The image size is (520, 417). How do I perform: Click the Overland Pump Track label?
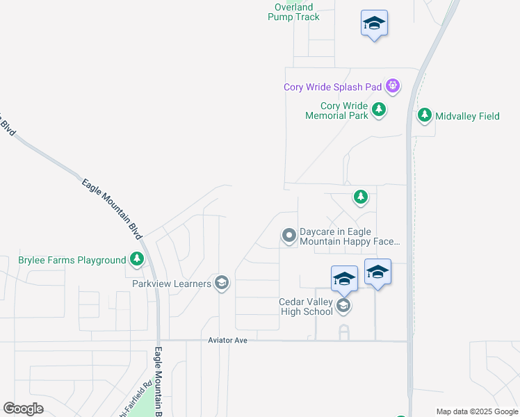click(293, 12)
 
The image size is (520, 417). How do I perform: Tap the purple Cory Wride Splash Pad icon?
click(393, 87)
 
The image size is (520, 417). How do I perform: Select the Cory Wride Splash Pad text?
click(333, 87)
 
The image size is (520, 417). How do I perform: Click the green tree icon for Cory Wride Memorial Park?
click(379, 109)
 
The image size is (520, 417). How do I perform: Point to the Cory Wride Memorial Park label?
click(336, 111)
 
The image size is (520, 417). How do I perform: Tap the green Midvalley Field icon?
click(425, 116)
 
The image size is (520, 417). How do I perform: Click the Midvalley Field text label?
click(468, 116)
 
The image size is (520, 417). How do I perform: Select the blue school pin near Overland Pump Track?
click(375, 24)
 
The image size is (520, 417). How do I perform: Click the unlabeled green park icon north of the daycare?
click(360, 197)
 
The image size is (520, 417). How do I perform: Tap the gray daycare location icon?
click(289, 236)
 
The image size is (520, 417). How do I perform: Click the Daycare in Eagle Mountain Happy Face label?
click(350, 237)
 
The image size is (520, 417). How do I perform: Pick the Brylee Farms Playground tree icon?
click(137, 260)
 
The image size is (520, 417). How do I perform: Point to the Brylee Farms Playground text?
click(72, 261)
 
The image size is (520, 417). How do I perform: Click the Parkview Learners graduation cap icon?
click(222, 283)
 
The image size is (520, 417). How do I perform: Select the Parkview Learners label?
click(172, 284)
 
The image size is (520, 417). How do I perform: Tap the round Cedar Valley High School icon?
click(343, 306)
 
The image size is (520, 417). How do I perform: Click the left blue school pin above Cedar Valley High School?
click(344, 279)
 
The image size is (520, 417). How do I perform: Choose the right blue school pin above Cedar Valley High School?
click(377, 272)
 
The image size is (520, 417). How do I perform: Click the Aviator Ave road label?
click(228, 341)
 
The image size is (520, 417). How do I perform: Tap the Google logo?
click(24, 409)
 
